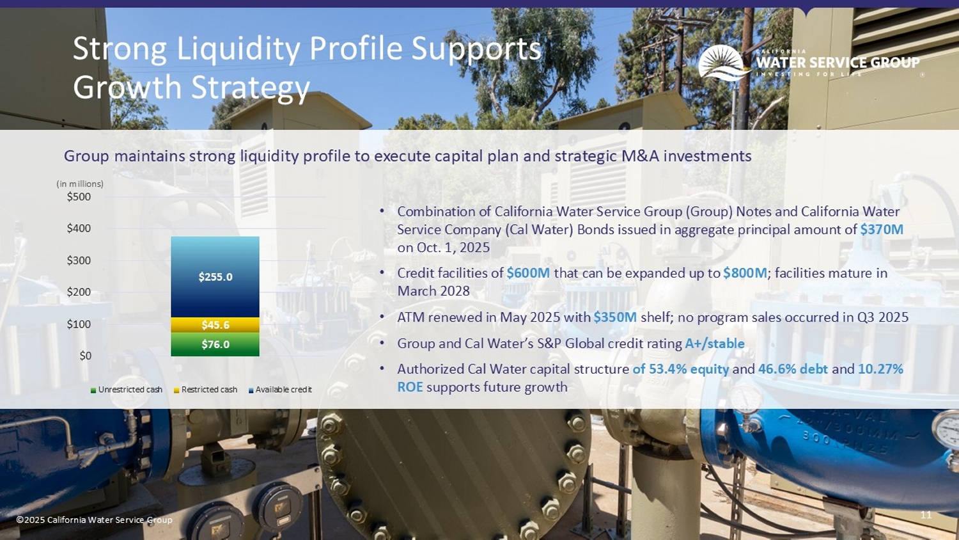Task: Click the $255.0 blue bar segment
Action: [x=215, y=277]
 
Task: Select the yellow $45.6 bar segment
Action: [x=215, y=325]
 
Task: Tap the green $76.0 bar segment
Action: [x=215, y=344]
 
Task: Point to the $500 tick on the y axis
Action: [x=79, y=196]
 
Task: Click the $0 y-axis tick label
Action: [x=85, y=356]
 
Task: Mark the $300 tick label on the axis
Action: [x=79, y=260]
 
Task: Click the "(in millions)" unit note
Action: [x=80, y=184]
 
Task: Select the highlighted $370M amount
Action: [x=881, y=230]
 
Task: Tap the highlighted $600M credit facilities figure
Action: [x=528, y=273]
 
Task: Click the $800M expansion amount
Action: [x=745, y=273]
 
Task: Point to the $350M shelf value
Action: [x=614, y=317]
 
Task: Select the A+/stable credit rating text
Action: [x=714, y=344]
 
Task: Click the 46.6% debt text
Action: [x=792, y=369]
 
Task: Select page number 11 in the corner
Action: [x=926, y=515]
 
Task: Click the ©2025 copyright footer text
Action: [x=94, y=520]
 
